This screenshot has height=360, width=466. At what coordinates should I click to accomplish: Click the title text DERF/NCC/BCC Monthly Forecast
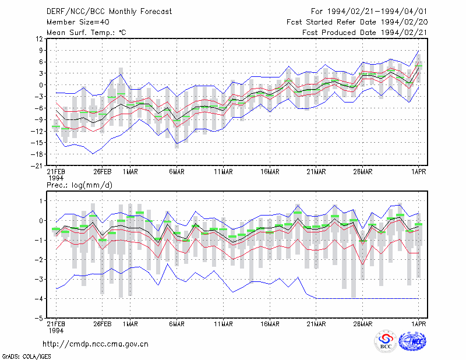coord(109,12)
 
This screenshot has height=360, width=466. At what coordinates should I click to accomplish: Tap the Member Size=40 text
coord(78,22)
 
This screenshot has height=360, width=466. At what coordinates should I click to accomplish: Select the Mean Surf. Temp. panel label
coord(86,33)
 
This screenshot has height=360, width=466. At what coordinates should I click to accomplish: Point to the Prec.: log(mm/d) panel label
coord(79,185)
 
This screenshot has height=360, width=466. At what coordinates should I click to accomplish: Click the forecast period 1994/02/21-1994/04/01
coord(377,12)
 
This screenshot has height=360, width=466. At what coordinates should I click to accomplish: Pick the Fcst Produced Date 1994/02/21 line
coord(365,33)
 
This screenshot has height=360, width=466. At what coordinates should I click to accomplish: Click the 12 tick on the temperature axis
coord(39,39)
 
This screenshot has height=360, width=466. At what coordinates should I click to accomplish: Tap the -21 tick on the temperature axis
coord(37,166)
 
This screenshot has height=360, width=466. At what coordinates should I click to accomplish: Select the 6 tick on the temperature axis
coord(41,62)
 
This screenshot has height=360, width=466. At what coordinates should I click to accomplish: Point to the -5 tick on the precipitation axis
coord(39,319)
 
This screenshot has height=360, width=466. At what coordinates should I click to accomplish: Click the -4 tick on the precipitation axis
coord(39,299)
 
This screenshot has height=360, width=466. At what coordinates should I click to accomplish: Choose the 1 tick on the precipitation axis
coord(41,201)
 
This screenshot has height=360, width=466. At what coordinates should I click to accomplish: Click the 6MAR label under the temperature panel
coord(177,172)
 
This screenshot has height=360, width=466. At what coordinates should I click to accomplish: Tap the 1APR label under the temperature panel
coord(418,172)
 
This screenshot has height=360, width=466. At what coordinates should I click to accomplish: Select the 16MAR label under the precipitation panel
coord(270,324)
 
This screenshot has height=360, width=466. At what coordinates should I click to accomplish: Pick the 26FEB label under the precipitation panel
coord(103,324)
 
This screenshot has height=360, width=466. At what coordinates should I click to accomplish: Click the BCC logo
coord(386,341)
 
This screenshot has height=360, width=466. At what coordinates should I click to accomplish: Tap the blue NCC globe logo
coord(412,341)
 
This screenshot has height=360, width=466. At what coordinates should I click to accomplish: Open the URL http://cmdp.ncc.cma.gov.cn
coord(96,344)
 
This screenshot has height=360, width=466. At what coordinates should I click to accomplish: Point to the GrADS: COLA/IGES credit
coord(26,357)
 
